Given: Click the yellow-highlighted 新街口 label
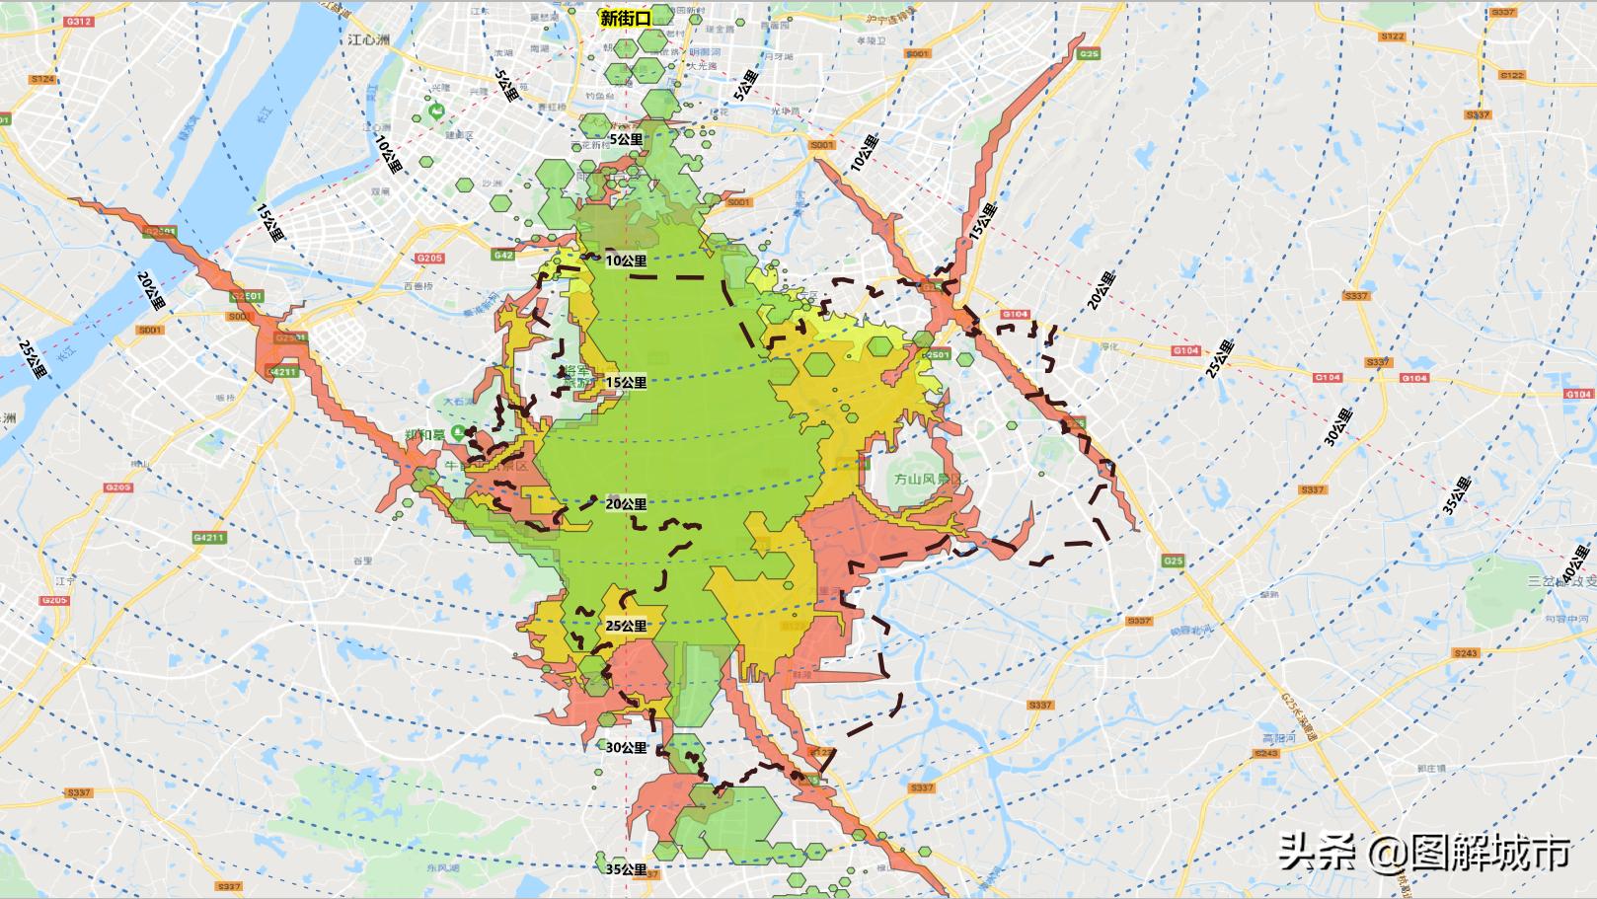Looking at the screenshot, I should click(x=625, y=18).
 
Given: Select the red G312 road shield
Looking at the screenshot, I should click(x=82, y=21).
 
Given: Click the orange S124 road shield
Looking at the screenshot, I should click(x=42, y=79).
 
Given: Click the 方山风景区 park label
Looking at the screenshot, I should click(x=926, y=478).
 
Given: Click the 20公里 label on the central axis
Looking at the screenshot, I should click(x=627, y=503).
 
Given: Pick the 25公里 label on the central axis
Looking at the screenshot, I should click(x=627, y=626).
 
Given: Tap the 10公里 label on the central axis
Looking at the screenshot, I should click(x=627, y=262).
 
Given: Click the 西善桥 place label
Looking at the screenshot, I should click(x=418, y=286).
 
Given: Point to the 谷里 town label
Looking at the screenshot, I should click(x=364, y=560).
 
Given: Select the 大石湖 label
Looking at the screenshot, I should click(x=459, y=402).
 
